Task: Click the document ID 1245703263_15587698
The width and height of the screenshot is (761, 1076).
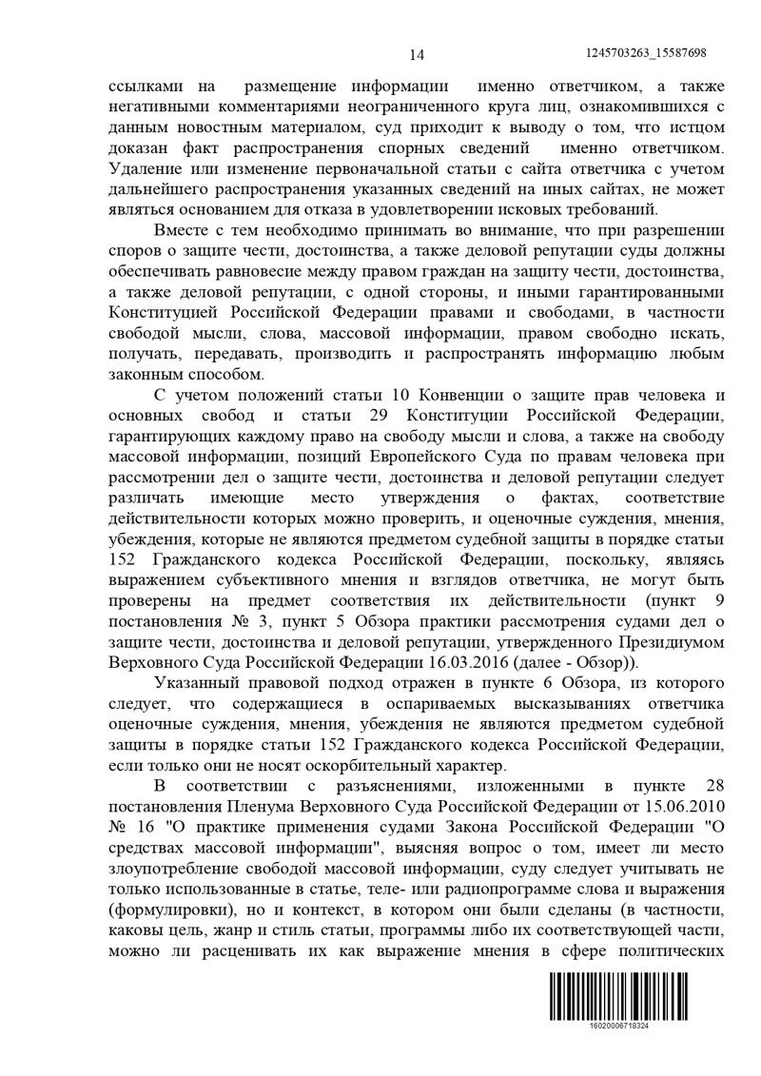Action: point(647,53)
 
